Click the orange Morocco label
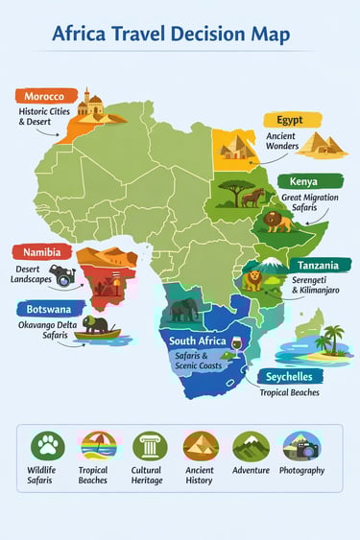point(44,97)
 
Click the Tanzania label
point(317,265)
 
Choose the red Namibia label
point(41,251)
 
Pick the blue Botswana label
point(46,310)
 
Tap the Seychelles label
point(292,376)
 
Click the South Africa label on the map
point(197,341)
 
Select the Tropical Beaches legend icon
point(98,446)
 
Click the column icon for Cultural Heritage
point(150,446)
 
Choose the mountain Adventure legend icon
point(251,446)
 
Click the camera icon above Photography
point(302,446)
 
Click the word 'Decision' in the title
point(209,35)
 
